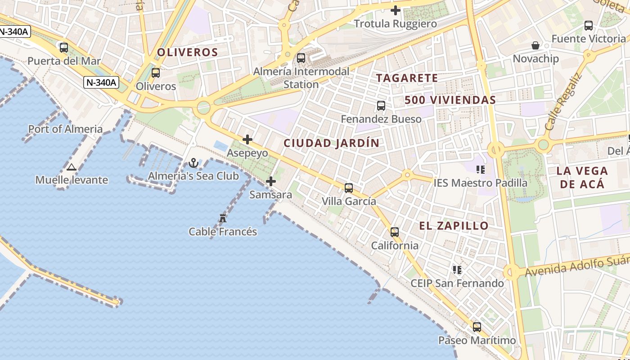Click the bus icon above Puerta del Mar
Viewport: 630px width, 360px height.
(x=64, y=47)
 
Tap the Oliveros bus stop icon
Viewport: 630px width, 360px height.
(x=156, y=72)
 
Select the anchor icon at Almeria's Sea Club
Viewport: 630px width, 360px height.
(x=193, y=163)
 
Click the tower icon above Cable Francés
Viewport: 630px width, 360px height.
(x=222, y=218)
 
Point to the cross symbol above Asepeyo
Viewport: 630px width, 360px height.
(x=247, y=139)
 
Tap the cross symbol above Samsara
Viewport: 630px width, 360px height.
(x=271, y=181)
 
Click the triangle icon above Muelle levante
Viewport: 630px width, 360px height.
(x=71, y=167)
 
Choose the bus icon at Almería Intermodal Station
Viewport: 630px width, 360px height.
(x=301, y=58)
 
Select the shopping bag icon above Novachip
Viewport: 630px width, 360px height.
(x=535, y=45)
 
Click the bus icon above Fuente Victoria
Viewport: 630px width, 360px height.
(x=588, y=26)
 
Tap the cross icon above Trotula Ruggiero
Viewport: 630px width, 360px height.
(x=396, y=10)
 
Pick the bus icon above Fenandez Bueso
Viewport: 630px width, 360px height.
(x=381, y=106)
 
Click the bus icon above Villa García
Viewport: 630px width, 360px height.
(x=349, y=188)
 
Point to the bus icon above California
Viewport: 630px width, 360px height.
(x=395, y=232)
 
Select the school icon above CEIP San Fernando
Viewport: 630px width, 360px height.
(x=457, y=270)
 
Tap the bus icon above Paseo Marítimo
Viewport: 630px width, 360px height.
(x=477, y=327)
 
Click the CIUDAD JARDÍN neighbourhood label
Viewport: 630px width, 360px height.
(x=331, y=144)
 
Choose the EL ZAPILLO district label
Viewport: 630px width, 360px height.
(x=454, y=226)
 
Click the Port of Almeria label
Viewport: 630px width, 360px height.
(x=65, y=129)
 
